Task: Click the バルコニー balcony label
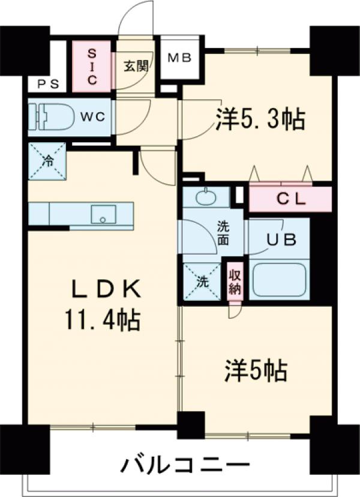tap(186, 464)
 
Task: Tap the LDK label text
tap(107, 291)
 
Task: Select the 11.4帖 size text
tap(103, 321)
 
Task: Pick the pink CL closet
tap(290, 199)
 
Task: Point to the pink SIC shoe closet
tap(92, 67)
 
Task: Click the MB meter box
tap(179, 58)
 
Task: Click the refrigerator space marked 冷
tap(47, 161)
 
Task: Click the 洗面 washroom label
tap(223, 233)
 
